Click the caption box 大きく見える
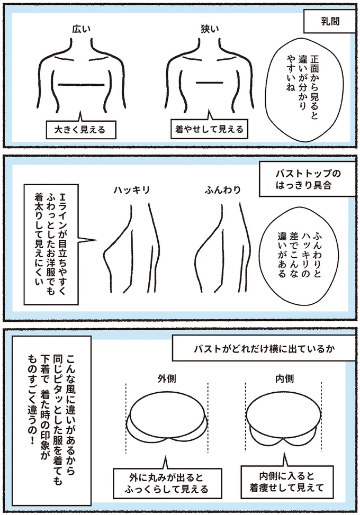pos(80,130)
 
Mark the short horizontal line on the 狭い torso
pos(208,83)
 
